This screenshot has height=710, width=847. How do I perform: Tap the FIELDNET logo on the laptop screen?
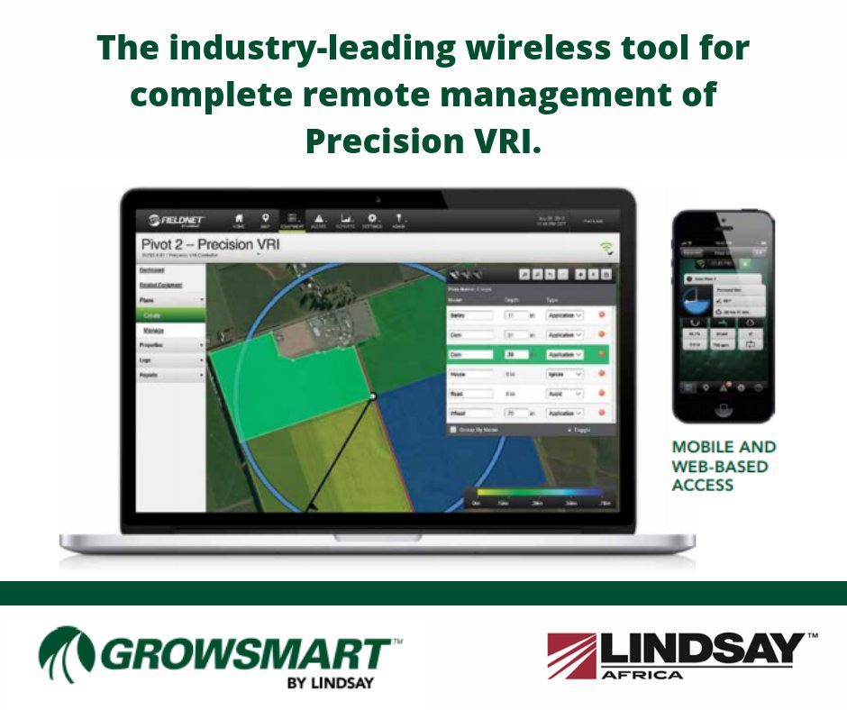180,218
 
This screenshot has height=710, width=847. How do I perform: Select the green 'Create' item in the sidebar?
171,314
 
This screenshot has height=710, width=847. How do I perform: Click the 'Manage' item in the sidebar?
154,331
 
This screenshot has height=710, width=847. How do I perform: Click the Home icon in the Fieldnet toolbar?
239,219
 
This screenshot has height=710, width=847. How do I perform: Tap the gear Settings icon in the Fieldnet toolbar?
372,219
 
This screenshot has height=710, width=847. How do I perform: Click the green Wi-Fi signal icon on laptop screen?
606,247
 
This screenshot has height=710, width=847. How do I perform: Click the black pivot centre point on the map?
372,396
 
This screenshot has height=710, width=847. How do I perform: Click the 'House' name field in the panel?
470,374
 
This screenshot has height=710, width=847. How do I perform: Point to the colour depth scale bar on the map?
540,492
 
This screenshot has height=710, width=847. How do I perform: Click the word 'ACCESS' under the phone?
703,486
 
